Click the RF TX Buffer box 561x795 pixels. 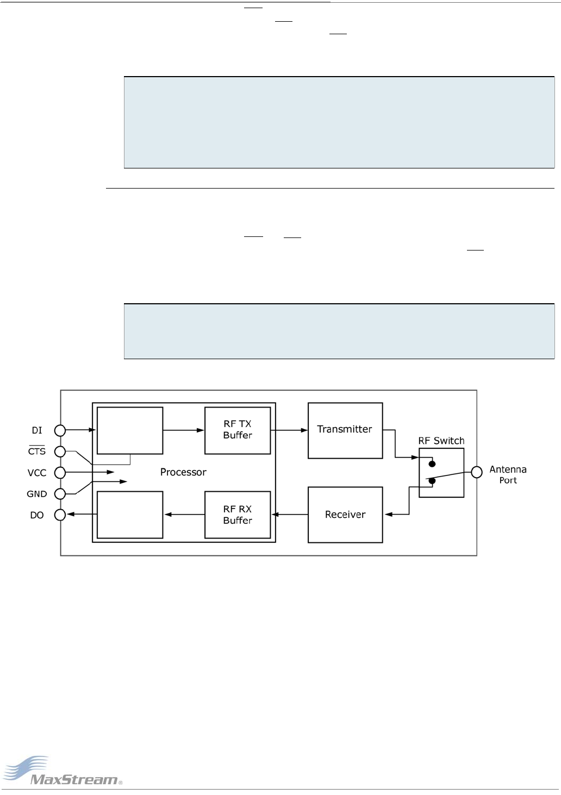[238, 430]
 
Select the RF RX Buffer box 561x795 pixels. [238, 515]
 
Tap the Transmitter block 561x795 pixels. [345, 430]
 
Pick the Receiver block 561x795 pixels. [345, 515]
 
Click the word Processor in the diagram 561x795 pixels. [183, 472]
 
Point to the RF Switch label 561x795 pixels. [441, 441]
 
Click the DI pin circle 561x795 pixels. [60, 430]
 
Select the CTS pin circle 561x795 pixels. [60, 452]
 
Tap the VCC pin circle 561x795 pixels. [60, 473]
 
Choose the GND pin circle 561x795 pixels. [60, 494]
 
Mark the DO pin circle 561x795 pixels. [60, 515]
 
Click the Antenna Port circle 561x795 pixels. [477, 472]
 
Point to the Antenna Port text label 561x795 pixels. [508, 474]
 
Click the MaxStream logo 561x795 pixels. [62, 772]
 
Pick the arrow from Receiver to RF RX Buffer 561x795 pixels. [290, 515]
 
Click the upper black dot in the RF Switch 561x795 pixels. [432, 464]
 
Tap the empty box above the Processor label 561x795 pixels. [130, 430]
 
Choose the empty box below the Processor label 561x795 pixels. [130, 515]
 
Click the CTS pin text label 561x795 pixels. [37, 452]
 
